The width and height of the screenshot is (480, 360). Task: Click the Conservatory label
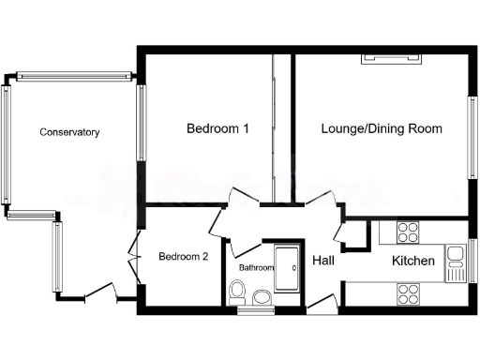tap(69, 132)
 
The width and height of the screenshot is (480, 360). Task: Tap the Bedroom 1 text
tap(217, 128)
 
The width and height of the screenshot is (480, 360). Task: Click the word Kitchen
tap(412, 261)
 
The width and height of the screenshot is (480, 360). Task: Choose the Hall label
tap(324, 260)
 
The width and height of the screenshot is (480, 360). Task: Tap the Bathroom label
tap(256, 268)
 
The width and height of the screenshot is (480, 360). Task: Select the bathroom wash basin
tap(262, 298)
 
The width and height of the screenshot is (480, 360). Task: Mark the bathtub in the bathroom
tap(286, 268)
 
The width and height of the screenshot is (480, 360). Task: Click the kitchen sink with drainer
tap(456, 262)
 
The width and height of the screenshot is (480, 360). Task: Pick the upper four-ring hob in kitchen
tap(407, 232)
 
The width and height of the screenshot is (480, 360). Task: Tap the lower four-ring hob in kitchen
tap(407, 294)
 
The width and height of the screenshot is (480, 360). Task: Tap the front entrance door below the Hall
tap(322, 302)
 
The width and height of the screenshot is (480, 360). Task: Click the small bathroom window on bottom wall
tap(250, 310)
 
